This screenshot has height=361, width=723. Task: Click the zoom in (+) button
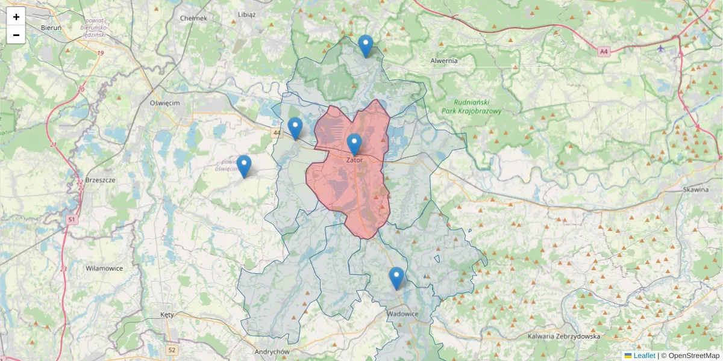(16, 17)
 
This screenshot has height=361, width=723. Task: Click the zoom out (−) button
(16, 35)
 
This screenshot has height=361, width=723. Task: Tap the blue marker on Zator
(354, 144)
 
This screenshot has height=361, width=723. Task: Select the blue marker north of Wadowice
(396, 278)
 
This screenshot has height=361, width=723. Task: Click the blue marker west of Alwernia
(365, 46)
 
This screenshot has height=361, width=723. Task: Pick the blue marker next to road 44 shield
(295, 128)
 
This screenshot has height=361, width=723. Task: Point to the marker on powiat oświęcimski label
(244, 166)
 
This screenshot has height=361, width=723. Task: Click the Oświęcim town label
(164, 103)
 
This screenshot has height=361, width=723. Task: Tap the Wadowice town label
(402, 314)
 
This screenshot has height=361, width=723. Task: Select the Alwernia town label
(444, 61)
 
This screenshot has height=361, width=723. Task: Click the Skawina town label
(696, 189)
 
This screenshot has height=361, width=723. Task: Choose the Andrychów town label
(272, 352)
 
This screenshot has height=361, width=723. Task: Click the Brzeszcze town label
(101, 180)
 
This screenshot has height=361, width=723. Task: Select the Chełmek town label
(193, 18)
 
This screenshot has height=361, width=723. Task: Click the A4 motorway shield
(604, 52)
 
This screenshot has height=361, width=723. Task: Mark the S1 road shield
(72, 220)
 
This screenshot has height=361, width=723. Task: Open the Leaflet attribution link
(643, 356)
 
